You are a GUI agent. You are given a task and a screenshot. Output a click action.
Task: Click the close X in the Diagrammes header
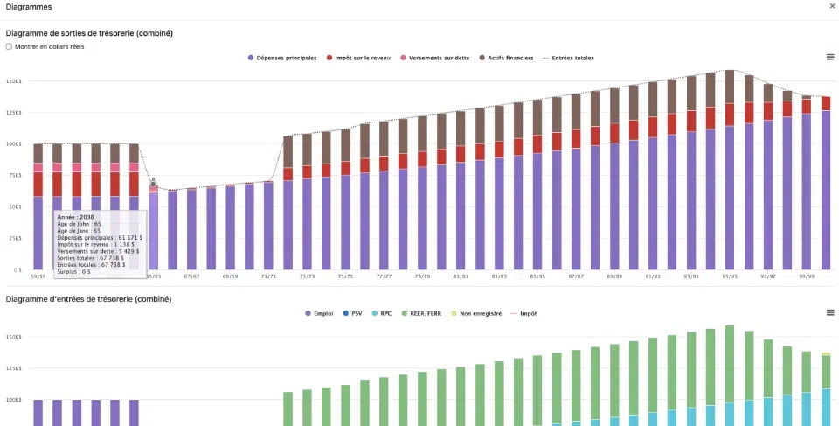(x=832, y=6)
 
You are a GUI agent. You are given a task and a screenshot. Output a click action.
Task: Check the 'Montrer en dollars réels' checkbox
(x=9, y=46)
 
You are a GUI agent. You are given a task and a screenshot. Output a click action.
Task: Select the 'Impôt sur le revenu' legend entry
(x=359, y=58)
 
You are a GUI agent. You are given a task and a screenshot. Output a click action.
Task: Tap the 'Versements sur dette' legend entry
(x=435, y=58)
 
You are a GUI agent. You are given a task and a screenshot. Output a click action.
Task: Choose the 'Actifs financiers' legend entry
(x=508, y=58)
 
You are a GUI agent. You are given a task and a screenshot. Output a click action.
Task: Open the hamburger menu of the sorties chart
(x=829, y=57)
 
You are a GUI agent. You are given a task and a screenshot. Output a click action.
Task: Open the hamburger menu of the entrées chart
(x=829, y=312)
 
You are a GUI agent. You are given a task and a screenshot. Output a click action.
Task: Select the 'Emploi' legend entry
(x=320, y=312)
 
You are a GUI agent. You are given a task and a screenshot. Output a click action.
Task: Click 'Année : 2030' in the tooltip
(x=76, y=215)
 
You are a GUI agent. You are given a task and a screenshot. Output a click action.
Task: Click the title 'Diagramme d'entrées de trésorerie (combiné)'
(x=88, y=299)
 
